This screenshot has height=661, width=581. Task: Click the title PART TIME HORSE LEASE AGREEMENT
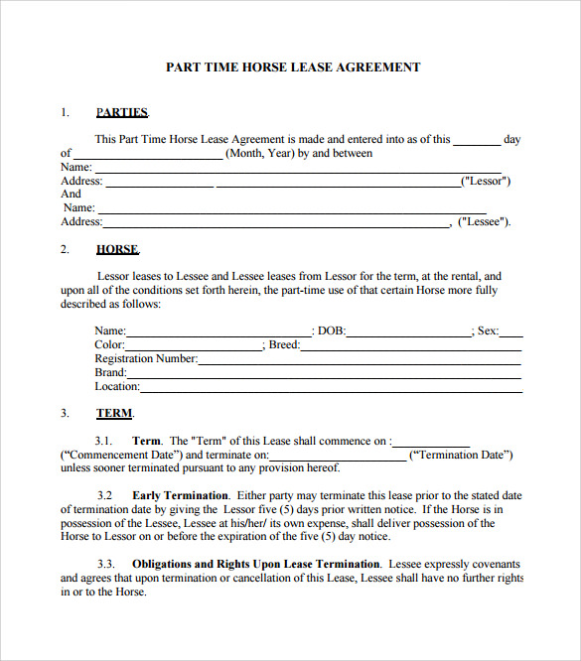292,67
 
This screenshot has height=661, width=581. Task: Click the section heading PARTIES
121,112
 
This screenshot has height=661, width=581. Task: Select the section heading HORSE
117,249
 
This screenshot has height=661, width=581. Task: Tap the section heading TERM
114,413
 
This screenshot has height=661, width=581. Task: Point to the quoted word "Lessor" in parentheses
486,182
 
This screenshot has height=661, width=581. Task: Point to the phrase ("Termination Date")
461,455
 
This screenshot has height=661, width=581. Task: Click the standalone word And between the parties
72,195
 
